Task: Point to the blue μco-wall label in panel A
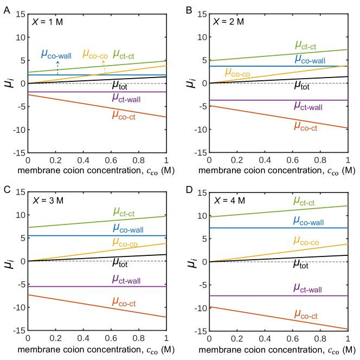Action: pyautogui.click(x=56, y=54)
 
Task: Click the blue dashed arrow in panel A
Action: pyautogui.click(x=57, y=68)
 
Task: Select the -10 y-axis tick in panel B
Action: pyautogui.click(x=199, y=130)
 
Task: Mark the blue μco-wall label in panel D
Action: pyautogui.click(x=308, y=222)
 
